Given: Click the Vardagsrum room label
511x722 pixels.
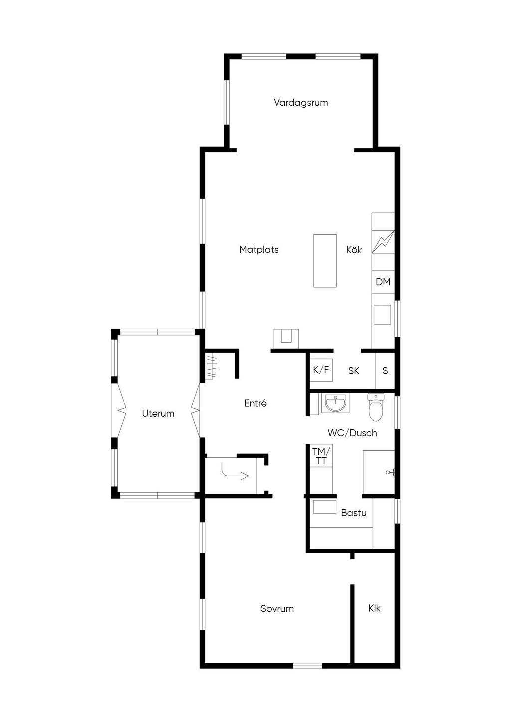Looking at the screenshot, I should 301,103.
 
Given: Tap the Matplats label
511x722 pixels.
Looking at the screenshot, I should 258,250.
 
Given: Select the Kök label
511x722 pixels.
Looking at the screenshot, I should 354,250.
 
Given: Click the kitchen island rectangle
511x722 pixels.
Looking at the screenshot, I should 325,260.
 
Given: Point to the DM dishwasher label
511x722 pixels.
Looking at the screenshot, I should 383,282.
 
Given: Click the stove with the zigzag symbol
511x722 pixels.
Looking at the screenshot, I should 383,241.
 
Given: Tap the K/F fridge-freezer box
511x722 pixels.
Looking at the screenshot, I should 321,370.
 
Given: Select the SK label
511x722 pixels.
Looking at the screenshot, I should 354,371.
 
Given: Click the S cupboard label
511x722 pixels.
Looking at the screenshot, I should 385,371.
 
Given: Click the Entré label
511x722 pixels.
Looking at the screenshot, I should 255,404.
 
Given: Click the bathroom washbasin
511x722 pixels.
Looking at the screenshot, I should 335,403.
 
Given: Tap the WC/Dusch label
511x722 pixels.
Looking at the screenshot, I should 352,433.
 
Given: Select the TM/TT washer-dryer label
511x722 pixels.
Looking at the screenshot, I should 321,456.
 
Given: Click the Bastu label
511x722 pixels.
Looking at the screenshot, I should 354,513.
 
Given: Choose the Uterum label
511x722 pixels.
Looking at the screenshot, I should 158,413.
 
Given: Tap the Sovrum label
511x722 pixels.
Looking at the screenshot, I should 277,609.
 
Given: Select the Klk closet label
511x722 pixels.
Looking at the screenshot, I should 375,608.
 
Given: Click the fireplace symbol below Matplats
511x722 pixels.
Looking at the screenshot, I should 286,338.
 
